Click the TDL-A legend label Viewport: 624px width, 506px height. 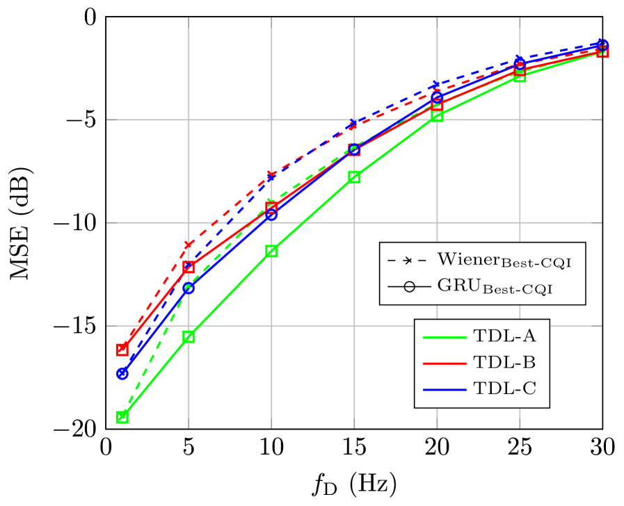point(504,336)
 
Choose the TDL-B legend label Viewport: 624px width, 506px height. point(504,362)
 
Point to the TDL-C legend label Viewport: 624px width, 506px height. point(504,389)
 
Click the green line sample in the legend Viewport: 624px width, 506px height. point(444,336)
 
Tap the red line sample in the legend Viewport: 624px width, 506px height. point(444,363)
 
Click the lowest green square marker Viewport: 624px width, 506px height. point(122,417)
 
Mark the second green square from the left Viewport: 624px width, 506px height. point(189,336)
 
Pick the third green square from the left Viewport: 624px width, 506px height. point(271,251)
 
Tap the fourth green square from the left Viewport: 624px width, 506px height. point(354,177)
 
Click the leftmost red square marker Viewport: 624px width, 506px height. point(122,350)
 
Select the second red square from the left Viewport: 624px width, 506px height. point(189,267)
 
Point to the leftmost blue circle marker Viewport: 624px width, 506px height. point(122,374)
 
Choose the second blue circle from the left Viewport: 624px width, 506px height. point(189,288)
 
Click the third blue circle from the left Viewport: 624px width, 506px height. point(271,215)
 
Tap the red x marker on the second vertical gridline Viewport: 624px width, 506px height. point(189,244)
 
